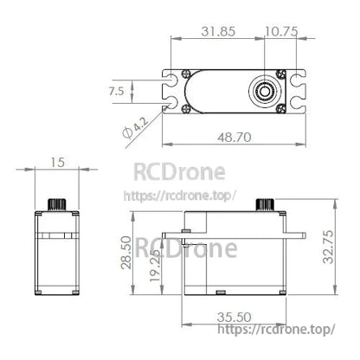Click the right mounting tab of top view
(299, 91)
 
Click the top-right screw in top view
(282, 73)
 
